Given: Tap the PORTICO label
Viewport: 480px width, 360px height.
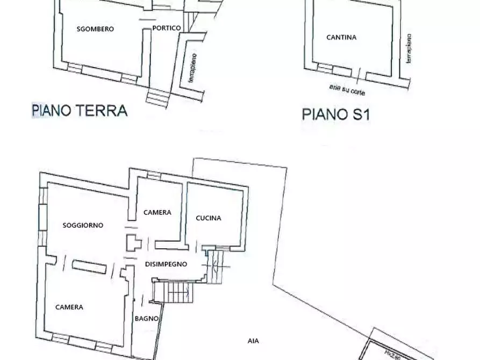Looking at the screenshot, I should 166,28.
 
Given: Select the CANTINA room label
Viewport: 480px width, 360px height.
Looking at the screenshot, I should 341,38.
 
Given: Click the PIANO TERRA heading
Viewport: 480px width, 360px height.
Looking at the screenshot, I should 80,111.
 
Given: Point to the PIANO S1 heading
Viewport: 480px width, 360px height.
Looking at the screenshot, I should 335,114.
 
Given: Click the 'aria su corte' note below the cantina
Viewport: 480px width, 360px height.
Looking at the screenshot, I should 347,89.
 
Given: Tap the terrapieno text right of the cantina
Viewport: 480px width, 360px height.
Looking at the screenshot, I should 409,49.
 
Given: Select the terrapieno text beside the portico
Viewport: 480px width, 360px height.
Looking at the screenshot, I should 191,68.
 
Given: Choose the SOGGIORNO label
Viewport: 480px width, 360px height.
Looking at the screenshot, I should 82,225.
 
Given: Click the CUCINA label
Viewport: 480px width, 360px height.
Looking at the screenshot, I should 209,218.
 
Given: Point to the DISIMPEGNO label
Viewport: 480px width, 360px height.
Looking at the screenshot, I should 166,264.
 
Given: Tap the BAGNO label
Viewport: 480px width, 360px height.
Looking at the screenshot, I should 146,319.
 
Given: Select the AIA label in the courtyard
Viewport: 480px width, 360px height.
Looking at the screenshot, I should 253,341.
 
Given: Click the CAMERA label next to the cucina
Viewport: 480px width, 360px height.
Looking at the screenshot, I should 157,212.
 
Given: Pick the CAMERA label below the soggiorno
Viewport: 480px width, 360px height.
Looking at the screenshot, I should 69,307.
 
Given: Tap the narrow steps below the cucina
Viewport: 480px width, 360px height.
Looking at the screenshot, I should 216,267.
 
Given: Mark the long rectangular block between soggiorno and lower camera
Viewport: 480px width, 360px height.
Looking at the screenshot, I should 90,266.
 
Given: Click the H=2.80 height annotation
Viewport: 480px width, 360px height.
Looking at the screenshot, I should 394,354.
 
